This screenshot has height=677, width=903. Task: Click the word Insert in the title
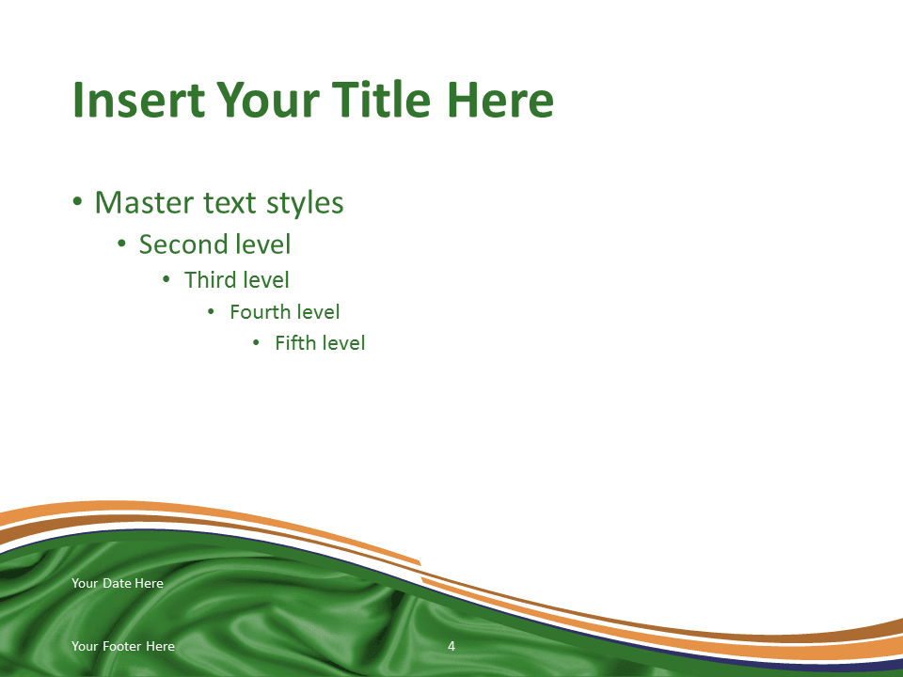click(139, 100)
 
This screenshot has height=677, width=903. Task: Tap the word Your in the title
click(268, 100)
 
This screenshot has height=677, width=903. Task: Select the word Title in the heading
click(381, 99)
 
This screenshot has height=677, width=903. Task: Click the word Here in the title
click(499, 100)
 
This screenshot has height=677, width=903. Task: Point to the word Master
click(144, 203)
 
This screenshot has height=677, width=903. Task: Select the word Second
click(182, 244)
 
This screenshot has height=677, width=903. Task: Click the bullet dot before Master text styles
click(78, 203)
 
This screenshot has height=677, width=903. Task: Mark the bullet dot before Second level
click(121, 244)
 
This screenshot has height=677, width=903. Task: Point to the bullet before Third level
click(166, 280)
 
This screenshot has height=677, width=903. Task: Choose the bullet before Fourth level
click(211, 312)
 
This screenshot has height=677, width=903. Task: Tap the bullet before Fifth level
click(256, 343)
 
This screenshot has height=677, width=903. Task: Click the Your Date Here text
click(118, 583)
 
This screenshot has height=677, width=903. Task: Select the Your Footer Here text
click(123, 646)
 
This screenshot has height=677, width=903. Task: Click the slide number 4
click(451, 646)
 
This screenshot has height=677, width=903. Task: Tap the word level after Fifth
click(342, 342)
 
